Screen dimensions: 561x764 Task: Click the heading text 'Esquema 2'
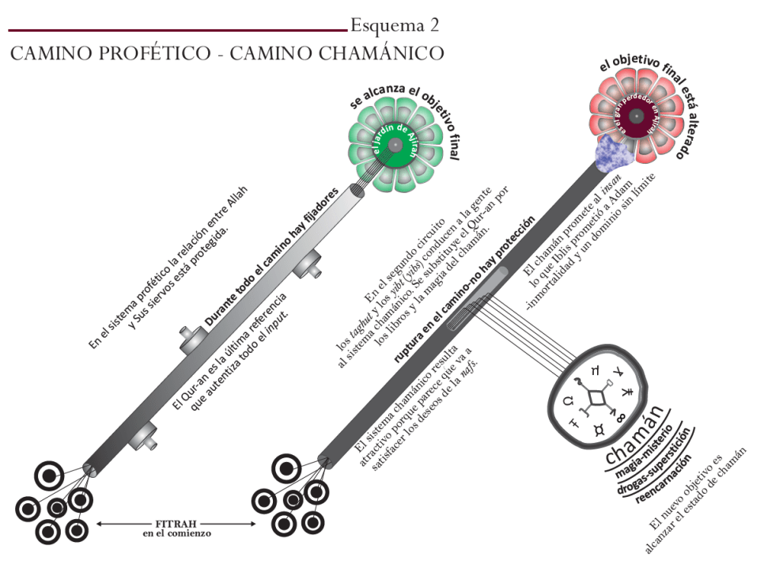pos(395,25)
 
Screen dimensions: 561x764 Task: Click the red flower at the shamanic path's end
pos(636,117)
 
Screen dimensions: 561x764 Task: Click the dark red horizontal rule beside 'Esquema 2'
pos(177,30)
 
